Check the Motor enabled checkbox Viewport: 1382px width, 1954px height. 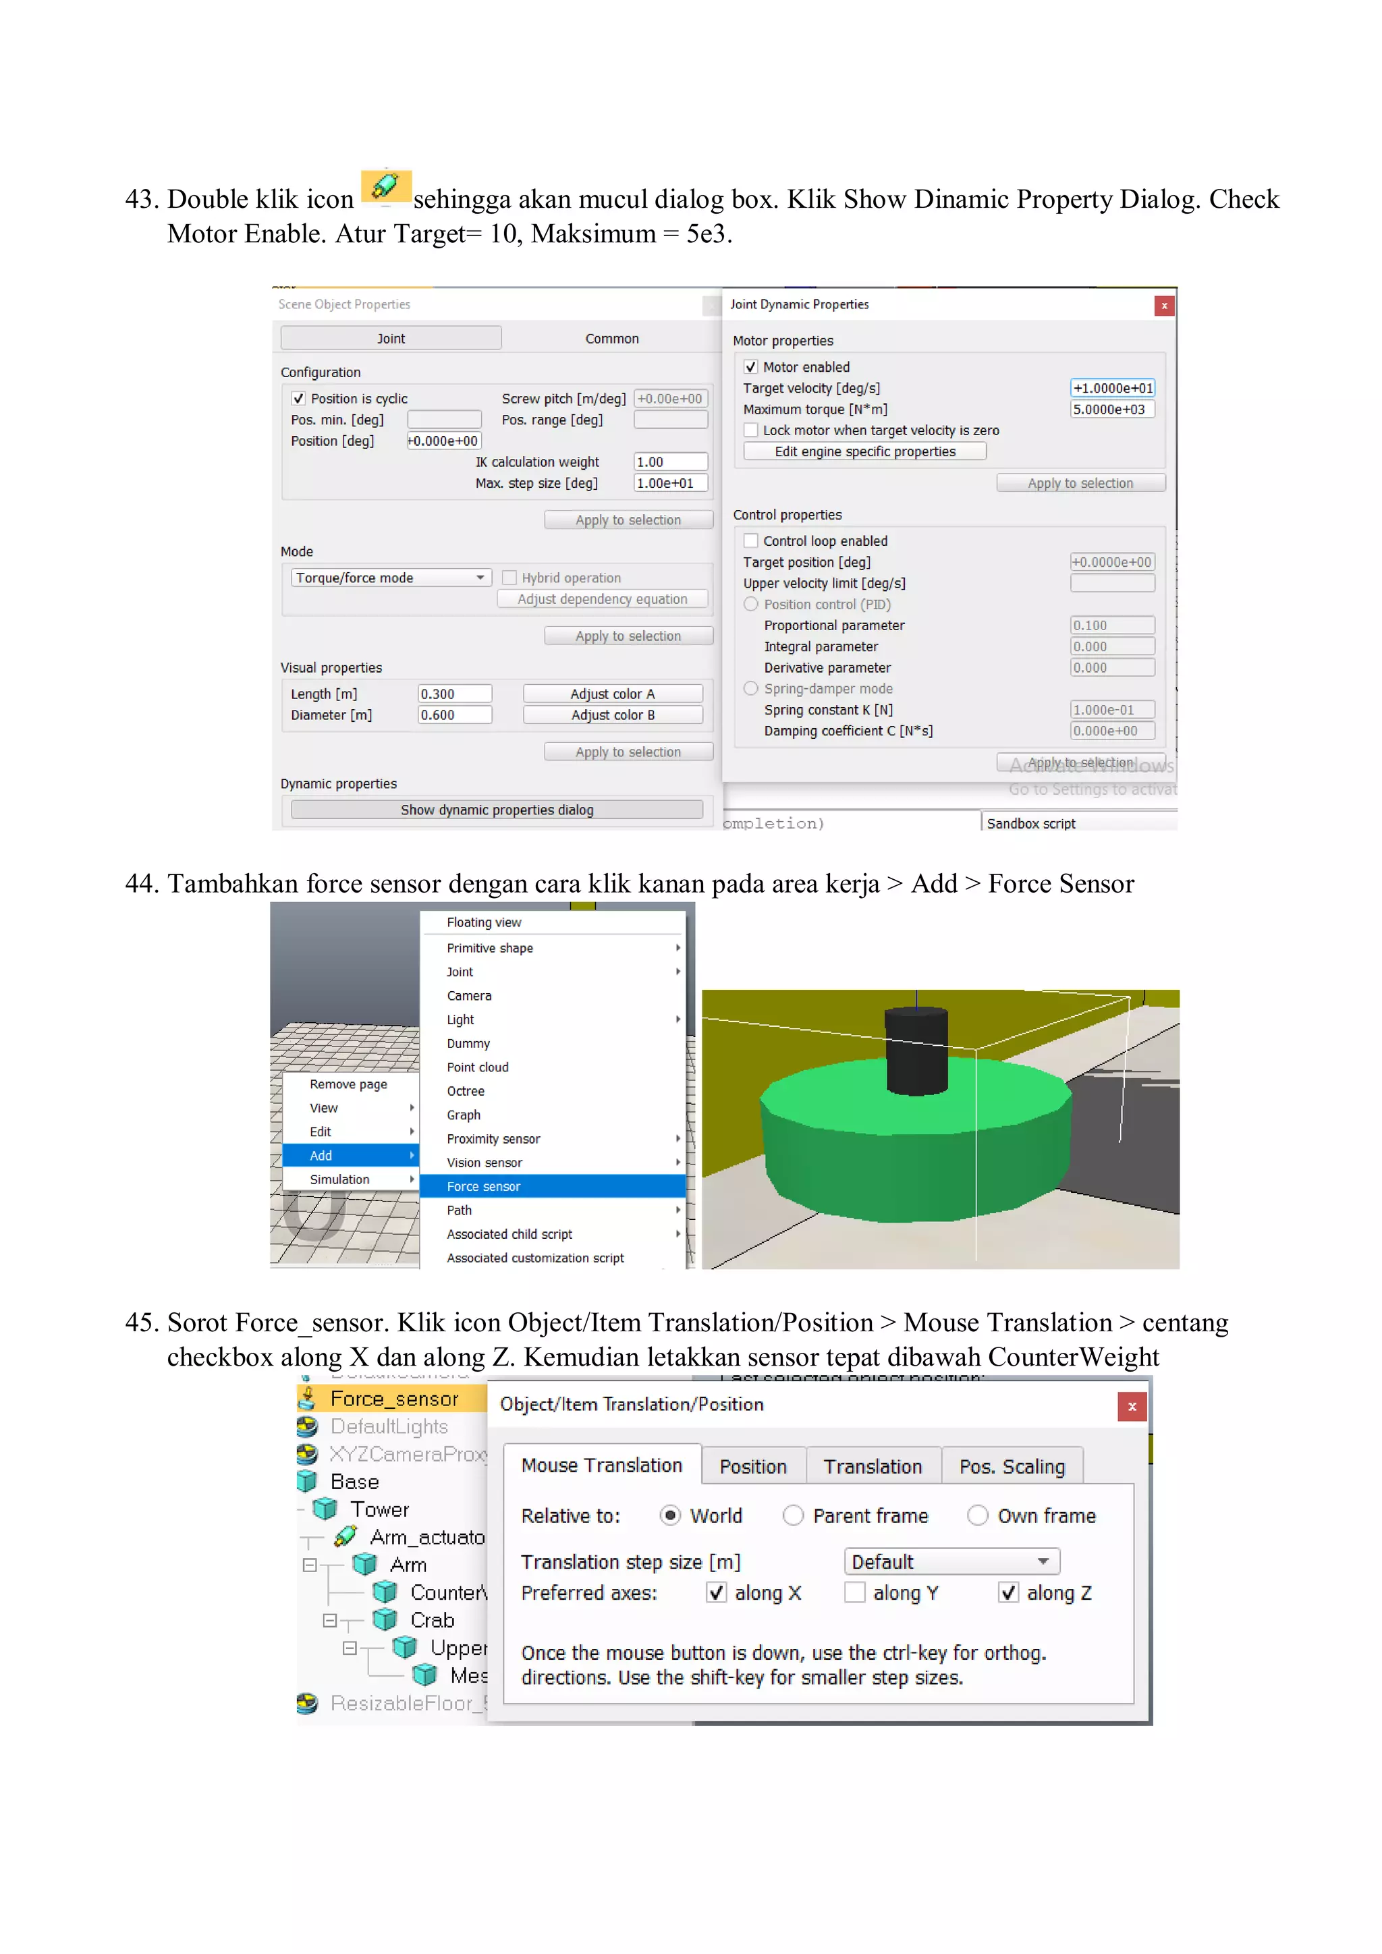[750, 367]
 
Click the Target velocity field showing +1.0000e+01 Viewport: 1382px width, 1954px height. [1111, 388]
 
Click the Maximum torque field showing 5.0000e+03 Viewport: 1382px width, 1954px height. [1111, 410]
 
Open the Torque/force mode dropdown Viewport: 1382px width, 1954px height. [391, 578]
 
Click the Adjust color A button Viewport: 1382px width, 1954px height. [612, 694]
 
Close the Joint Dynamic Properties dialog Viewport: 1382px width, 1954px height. [1163, 306]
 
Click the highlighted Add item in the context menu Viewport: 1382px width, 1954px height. [350, 1156]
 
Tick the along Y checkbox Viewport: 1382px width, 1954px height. [854, 1592]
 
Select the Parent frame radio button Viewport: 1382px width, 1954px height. [793, 1515]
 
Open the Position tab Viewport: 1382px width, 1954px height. [753, 1466]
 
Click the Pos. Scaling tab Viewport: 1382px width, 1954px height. [1011, 1466]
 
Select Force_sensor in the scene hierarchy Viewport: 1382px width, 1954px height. [393, 1399]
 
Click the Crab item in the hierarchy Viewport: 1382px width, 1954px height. [431, 1621]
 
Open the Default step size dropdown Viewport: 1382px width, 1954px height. [951, 1562]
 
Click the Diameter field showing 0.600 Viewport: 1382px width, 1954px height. [453, 715]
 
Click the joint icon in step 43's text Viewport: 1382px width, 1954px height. [385, 186]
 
